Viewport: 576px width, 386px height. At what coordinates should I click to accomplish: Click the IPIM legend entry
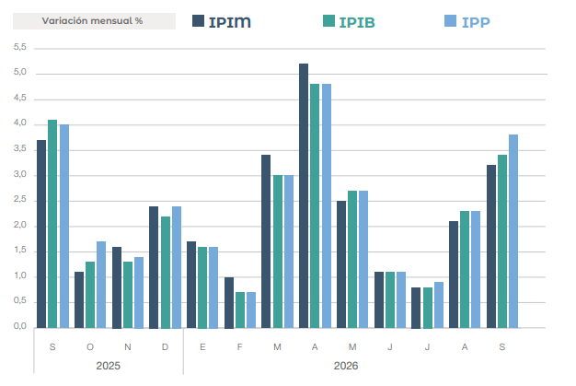(222, 22)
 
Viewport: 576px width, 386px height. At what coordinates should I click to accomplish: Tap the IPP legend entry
(467, 22)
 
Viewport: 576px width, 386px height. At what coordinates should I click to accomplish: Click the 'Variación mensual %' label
(92, 21)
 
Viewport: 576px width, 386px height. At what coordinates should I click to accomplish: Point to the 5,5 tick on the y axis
(20, 47)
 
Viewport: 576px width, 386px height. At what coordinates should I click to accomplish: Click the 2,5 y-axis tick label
(20, 199)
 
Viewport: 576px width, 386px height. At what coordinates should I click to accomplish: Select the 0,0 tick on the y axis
(20, 326)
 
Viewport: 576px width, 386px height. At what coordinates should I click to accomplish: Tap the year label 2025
(108, 366)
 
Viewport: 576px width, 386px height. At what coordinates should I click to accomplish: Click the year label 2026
(346, 366)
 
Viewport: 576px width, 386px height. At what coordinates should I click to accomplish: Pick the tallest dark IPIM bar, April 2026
(304, 195)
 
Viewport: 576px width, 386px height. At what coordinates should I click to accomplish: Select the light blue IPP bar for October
(101, 285)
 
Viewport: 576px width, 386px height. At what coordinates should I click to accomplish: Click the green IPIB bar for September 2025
(52, 224)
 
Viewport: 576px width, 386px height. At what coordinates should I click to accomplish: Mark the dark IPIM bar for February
(229, 302)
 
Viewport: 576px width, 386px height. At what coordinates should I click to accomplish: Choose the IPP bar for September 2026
(513, 231)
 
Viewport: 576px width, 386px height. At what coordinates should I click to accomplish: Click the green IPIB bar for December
(166, 272)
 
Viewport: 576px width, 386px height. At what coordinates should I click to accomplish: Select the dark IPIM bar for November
(117, 287)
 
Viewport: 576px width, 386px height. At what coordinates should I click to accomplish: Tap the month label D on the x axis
(165, 346)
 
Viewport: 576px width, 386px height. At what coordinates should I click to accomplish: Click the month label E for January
(202, 346)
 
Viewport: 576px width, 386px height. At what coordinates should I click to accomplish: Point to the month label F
(240, 346)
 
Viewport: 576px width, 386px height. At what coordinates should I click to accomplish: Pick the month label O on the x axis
(90, 346)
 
